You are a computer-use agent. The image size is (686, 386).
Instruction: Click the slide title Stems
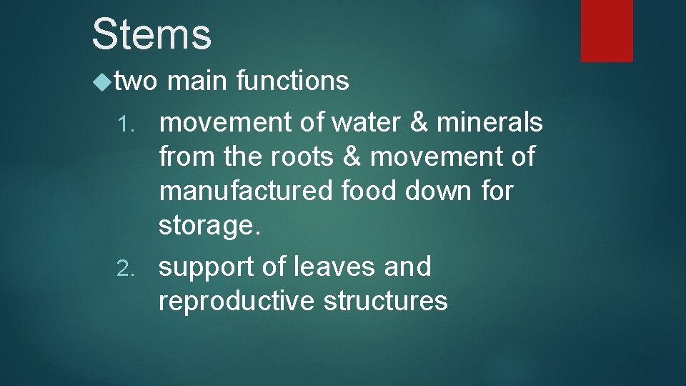click(x=151, y=34)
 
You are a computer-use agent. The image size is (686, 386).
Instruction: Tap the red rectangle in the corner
click(x=607, y=30)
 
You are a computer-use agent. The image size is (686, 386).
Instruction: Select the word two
click(x=134, y=82)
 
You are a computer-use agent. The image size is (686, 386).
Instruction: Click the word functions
click(x=292, y=81)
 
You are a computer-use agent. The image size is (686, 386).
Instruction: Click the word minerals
click(x=491, y=123)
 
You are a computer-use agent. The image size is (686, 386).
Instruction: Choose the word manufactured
click(x=246, y=192)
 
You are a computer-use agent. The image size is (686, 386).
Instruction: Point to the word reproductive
click(x=237, y=301)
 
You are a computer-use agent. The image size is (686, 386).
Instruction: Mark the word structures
click(x=387, y=301)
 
